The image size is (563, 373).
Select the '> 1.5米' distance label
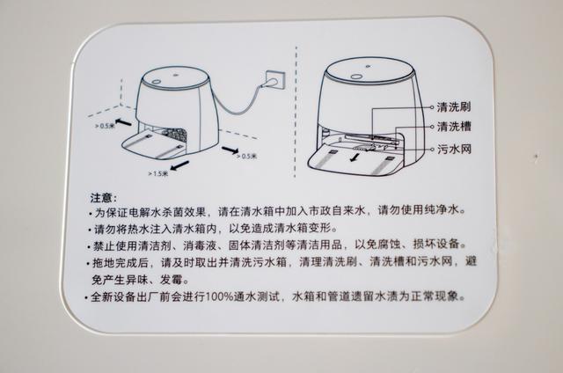[160, 174]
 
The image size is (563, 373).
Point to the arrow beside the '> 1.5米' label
[180, 165]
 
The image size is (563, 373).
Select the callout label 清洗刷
[454, 106]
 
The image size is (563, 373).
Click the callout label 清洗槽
[454, 128]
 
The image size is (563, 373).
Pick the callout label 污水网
[454, 150]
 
